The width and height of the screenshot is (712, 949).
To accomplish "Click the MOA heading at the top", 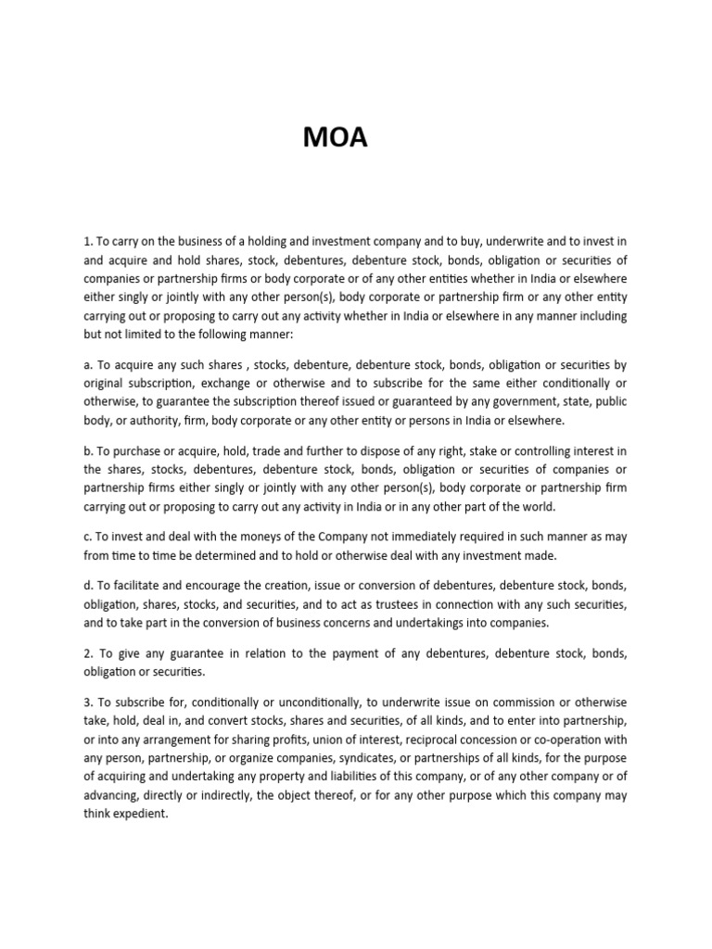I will [x=336, y=138].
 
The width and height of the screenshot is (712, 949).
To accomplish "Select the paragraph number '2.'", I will [x=89, y=654].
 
